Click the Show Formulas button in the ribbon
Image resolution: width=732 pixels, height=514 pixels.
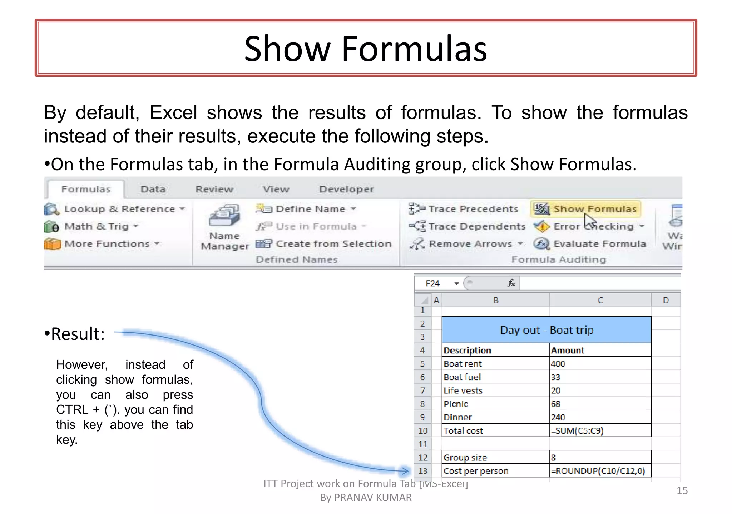586,209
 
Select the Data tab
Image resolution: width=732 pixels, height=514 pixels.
153,189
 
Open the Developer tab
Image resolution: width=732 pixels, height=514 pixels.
346,189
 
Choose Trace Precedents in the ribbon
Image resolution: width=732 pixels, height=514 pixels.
464,209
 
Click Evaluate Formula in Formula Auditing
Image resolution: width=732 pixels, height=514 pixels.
590,244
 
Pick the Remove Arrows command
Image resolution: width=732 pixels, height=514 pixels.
466,244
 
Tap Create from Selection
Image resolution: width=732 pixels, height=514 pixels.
324,244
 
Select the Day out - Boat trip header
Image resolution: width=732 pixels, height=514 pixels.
546,330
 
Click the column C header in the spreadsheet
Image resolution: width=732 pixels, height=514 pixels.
600,300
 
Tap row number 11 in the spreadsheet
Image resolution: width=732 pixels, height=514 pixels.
423,444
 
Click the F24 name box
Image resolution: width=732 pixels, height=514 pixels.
433,283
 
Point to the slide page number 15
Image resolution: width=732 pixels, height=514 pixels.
682,490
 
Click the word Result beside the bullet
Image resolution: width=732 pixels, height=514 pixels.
78,334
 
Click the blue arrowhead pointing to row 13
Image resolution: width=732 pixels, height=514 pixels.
405,471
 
